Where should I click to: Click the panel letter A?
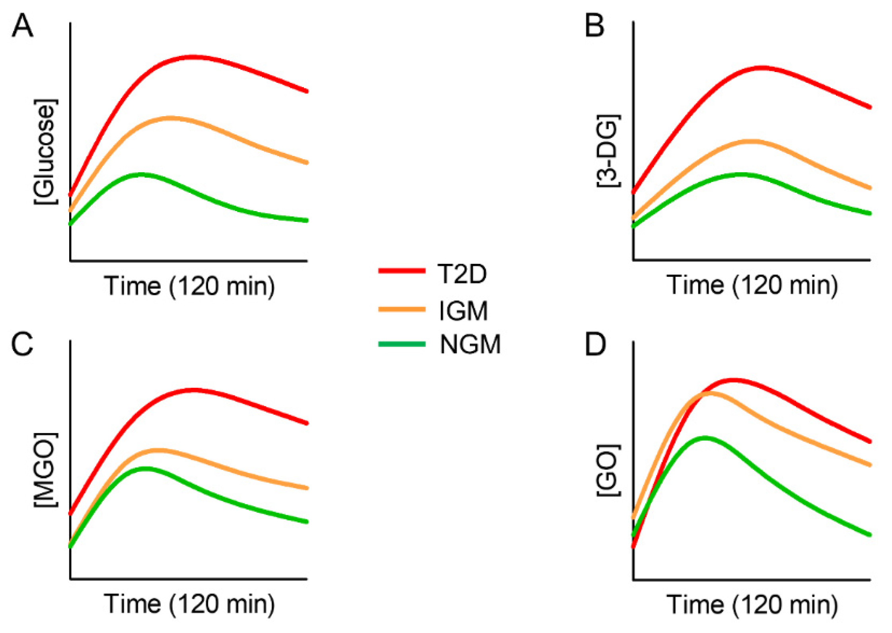(22, 25)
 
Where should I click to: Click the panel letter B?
(595, 25)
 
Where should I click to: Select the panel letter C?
(22, 344)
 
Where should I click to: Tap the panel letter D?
(596, 344)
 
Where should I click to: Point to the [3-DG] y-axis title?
(608, 150)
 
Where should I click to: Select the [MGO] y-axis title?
(45, 470)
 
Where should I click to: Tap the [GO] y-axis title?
(608, 470)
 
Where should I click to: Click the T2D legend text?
(462, 274)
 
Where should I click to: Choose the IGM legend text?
(464, 311)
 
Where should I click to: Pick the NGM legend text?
(470, 344)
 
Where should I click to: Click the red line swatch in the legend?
(402, 271)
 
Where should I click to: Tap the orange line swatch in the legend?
(402, 309)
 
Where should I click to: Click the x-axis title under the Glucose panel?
(189, 286)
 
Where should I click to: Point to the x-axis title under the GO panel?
(752, 605)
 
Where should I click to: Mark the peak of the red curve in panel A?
(193, 57)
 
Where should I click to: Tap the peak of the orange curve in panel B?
(752, 142)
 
